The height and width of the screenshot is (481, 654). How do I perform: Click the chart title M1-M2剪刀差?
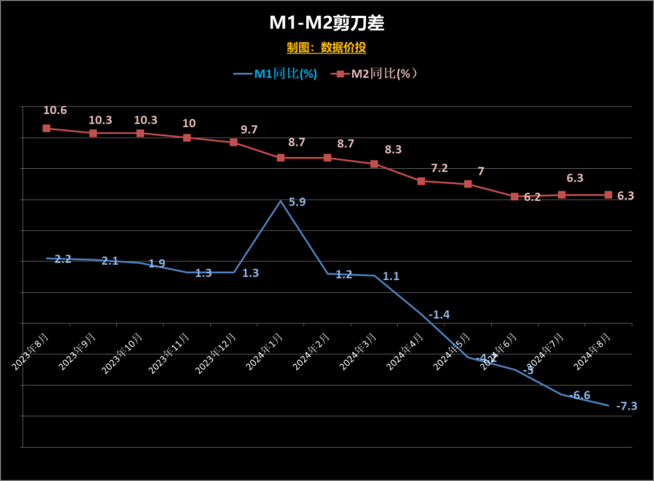pos(327,23)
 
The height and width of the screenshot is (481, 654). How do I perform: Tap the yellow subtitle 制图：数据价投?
pos(326,48)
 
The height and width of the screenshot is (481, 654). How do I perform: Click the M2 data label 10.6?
pos(55,110)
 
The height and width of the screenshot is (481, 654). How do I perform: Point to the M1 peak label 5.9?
pos(297,202)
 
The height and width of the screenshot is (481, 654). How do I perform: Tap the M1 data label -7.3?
pos(627,406)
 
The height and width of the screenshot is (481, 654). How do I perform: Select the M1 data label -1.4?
pos(439,315)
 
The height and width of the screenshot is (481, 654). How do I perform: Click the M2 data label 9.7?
pos(249,129)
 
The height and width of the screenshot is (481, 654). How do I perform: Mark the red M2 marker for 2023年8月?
pos(46,128)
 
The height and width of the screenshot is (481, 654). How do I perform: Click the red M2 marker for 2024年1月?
pos(280,158)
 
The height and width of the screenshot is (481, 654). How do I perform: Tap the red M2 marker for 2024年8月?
pos(609,195)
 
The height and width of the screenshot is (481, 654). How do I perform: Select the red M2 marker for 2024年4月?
pos(421,181)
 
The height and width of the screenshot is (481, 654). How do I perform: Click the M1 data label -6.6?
pos(581,395)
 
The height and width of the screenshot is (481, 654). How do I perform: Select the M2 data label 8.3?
pos(393,149)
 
